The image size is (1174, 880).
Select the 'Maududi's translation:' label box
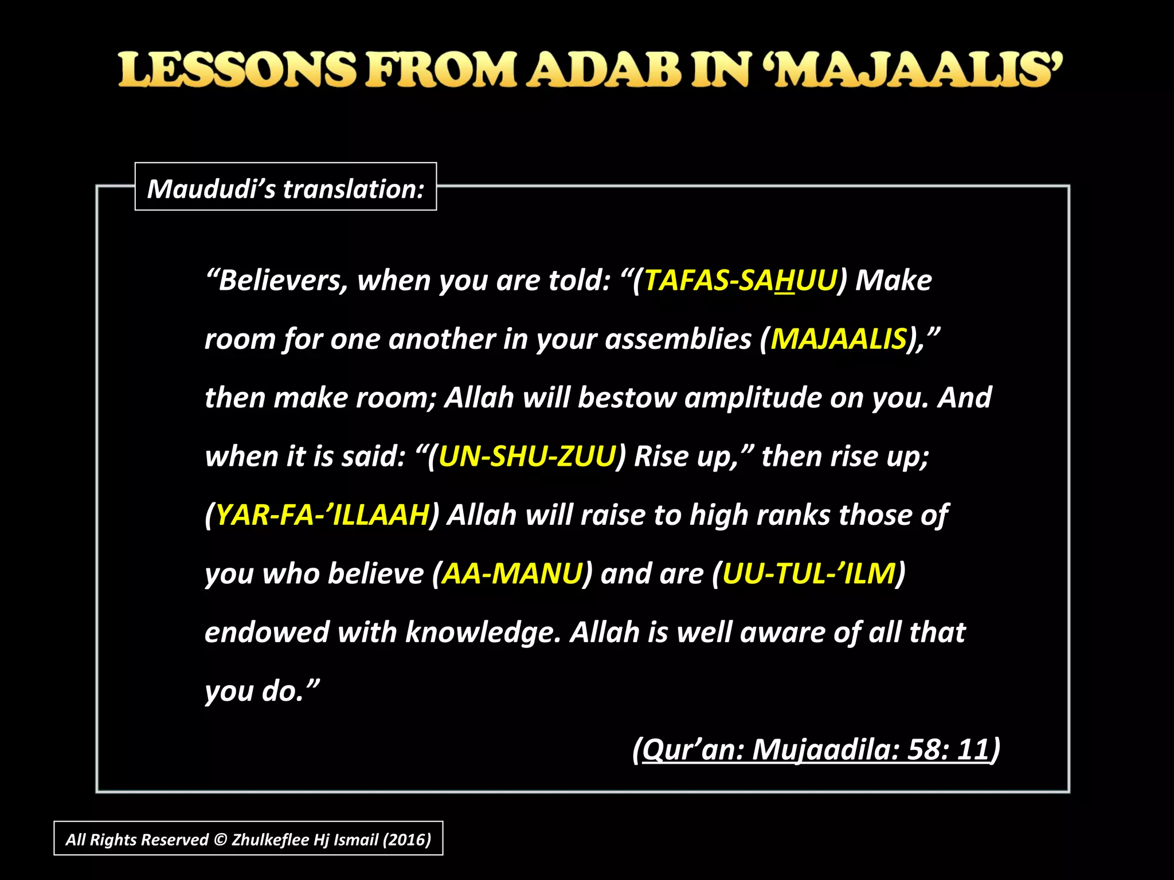pyautogui.click(x=285, y=187)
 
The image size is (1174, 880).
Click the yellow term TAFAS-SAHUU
pyautogui.click(x=740, y=281)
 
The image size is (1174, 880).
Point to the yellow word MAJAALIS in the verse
pyautogui.click(x=838, y=339)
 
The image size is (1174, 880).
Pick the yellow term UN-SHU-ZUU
pyautogui.click(x=526, y=457)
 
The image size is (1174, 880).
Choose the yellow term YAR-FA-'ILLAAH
pyautogui.click(x=322, y=515)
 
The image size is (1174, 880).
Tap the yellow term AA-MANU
pyautogui.click(x=511, y=573)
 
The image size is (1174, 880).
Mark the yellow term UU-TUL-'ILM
pyautogui.click(x=808, y=573)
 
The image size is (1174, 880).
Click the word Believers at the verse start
pyautogui.click(x=283, y=281)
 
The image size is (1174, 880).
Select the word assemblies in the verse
pyautogui.click(x=678, y=339)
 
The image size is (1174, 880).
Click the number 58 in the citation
pyautogui.click(x=927, y=749)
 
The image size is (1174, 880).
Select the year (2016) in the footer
pyautogui.click(x=406, y=839)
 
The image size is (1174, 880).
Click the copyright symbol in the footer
pyautogui.click(x=220, y=839)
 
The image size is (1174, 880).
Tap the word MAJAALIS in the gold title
pyautogui.click(x=918, y=70)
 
